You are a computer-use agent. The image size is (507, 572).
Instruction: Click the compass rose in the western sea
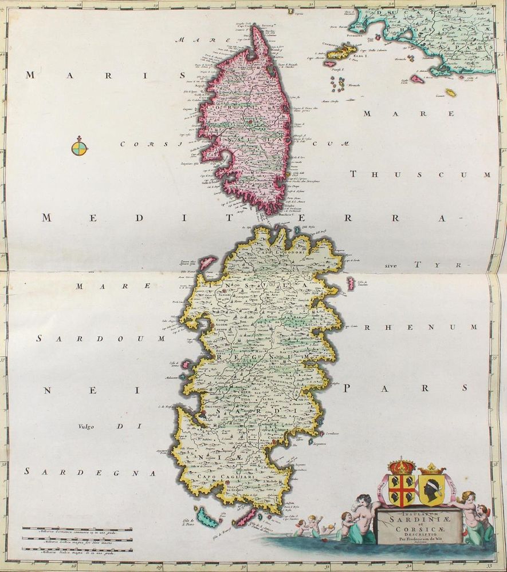pyautogui.click(x=80, y=148)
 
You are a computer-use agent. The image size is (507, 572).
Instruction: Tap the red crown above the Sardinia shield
pyautogui.click(x=402, y=465)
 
